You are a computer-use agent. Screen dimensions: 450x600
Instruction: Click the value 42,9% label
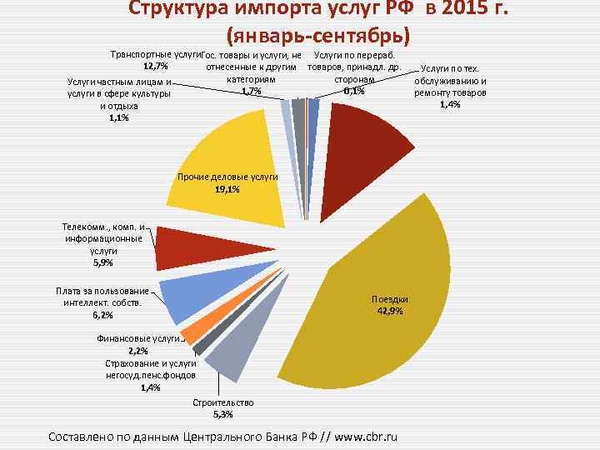389,311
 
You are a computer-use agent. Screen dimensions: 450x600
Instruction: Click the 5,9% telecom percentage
103,262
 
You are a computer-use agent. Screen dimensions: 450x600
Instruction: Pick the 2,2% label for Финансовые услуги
139,351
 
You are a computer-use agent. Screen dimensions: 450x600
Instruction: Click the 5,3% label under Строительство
222,414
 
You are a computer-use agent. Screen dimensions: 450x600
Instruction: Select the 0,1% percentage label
354,91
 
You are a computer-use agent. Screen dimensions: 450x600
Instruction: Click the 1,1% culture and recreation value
118,118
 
